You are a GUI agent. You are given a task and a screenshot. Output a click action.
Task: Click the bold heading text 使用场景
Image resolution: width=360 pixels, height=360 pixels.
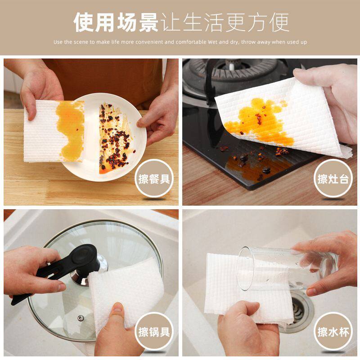pos(116,22)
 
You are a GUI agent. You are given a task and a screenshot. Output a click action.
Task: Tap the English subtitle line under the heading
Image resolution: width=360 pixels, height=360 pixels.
pos(180,42)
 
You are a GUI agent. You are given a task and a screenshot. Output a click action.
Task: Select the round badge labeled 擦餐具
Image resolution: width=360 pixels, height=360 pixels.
pos(154,180)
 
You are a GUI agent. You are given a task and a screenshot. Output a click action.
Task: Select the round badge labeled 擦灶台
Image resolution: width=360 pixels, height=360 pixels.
pos(333,180)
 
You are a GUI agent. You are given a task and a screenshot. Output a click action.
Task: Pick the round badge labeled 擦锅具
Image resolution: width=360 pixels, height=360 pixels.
pos(154,333)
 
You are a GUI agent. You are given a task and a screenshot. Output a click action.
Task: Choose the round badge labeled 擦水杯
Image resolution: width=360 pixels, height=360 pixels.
pos(333,333)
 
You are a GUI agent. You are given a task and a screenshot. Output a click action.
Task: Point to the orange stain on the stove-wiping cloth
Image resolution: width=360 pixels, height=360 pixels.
pos(256,121)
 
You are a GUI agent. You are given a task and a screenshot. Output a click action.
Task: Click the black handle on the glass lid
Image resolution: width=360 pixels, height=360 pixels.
pos(67,265)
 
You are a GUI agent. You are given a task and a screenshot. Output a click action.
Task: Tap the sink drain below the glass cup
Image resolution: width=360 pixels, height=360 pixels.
pos(299,306)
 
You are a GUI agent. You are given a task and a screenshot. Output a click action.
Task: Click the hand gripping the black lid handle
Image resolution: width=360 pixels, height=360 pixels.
pos(31,270)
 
